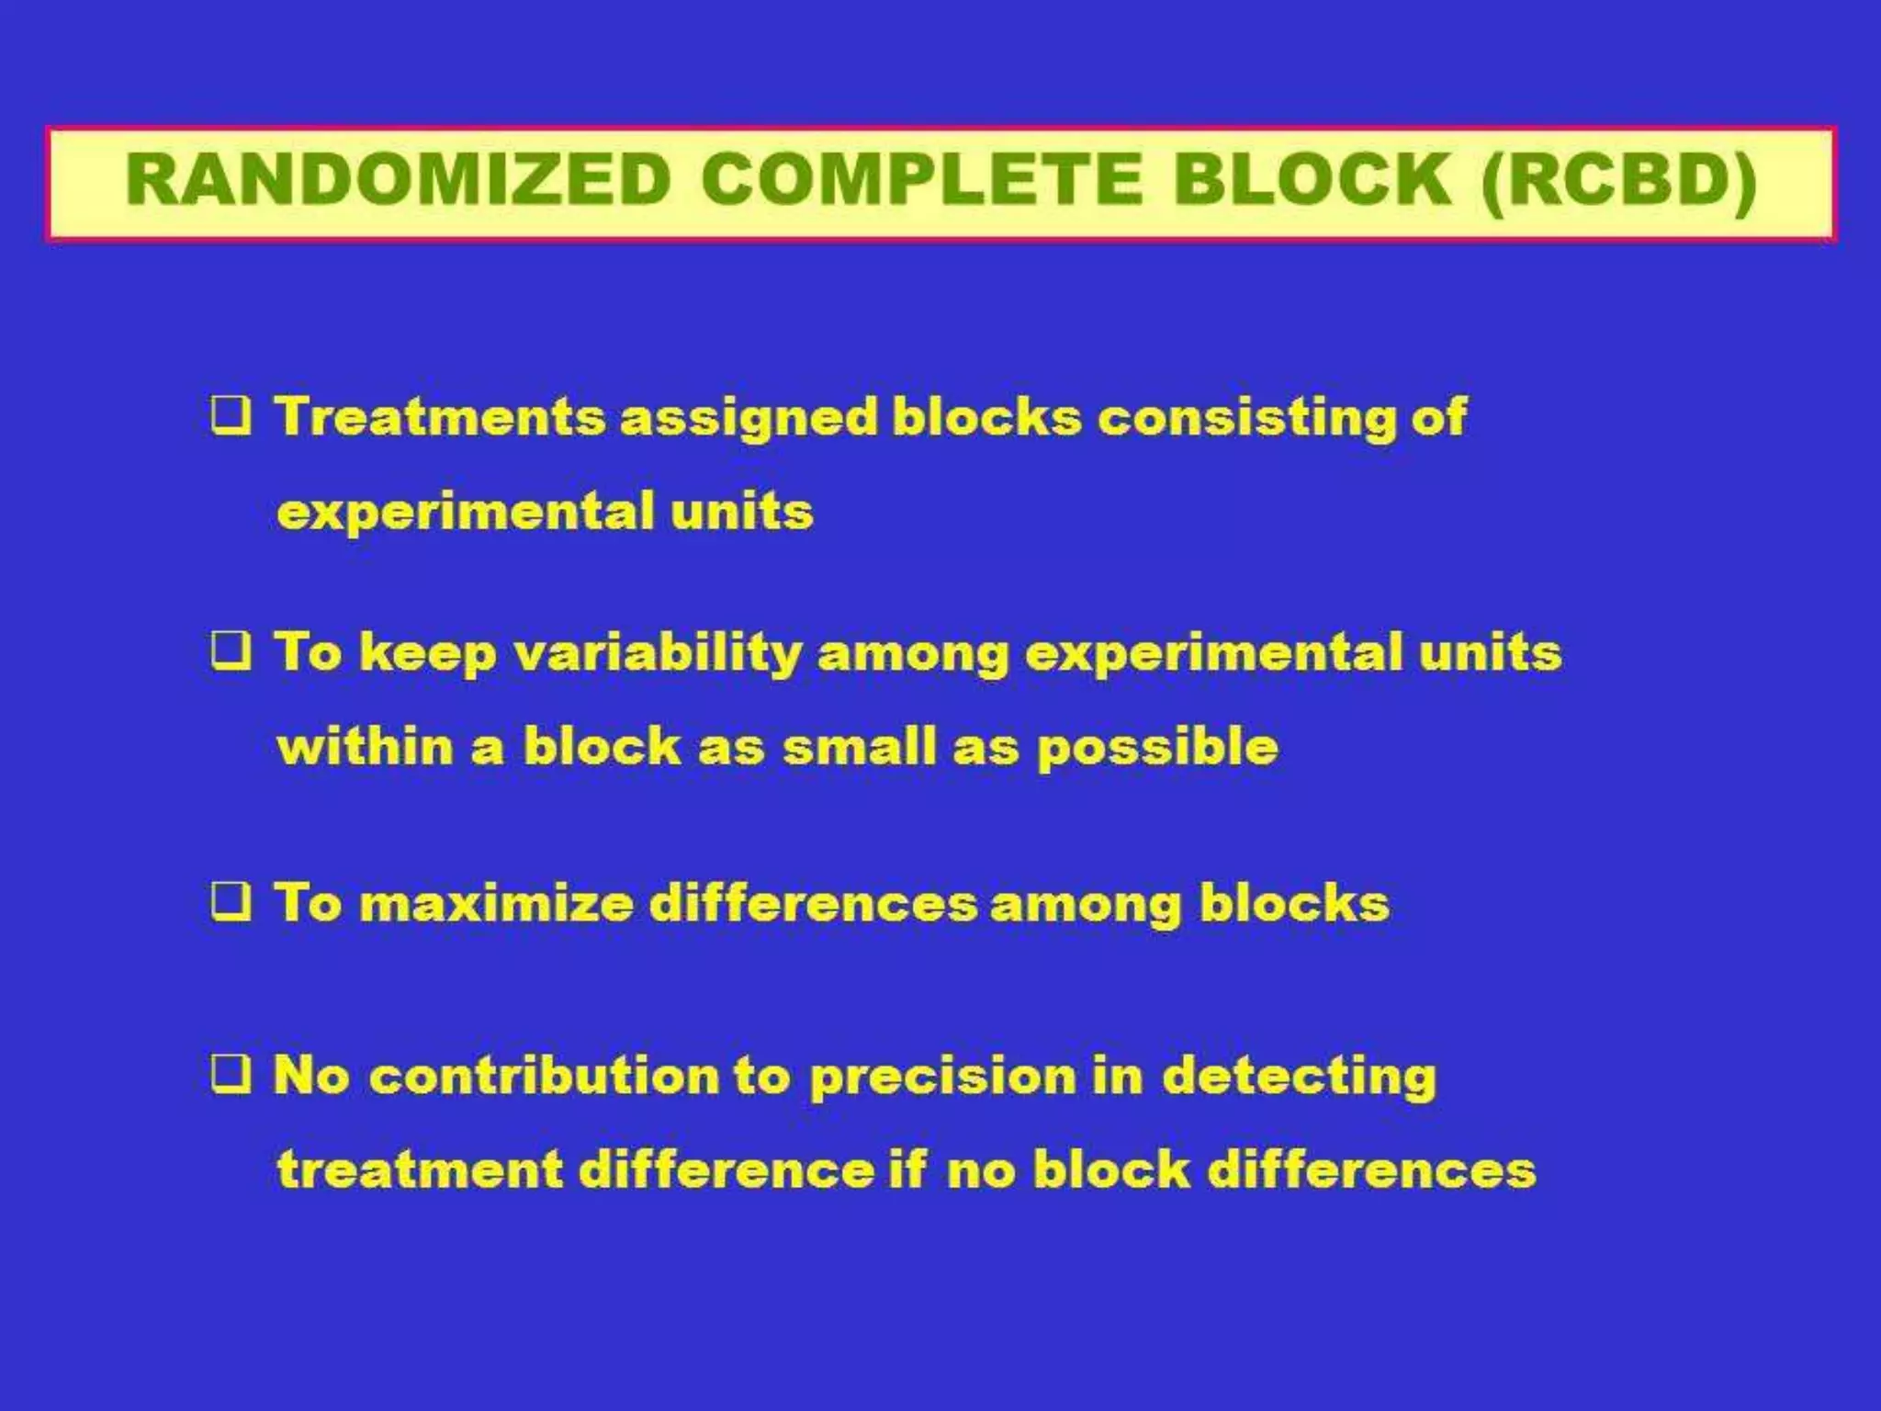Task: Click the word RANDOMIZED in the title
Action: (399, 180)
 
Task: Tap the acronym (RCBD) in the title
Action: (1618, 180)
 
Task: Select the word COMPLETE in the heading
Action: (921, 180)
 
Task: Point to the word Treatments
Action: (439, 416)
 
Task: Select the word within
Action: (365, 746)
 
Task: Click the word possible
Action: (1157, 748)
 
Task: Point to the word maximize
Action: (496, 903)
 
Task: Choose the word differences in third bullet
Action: (813, 903)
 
